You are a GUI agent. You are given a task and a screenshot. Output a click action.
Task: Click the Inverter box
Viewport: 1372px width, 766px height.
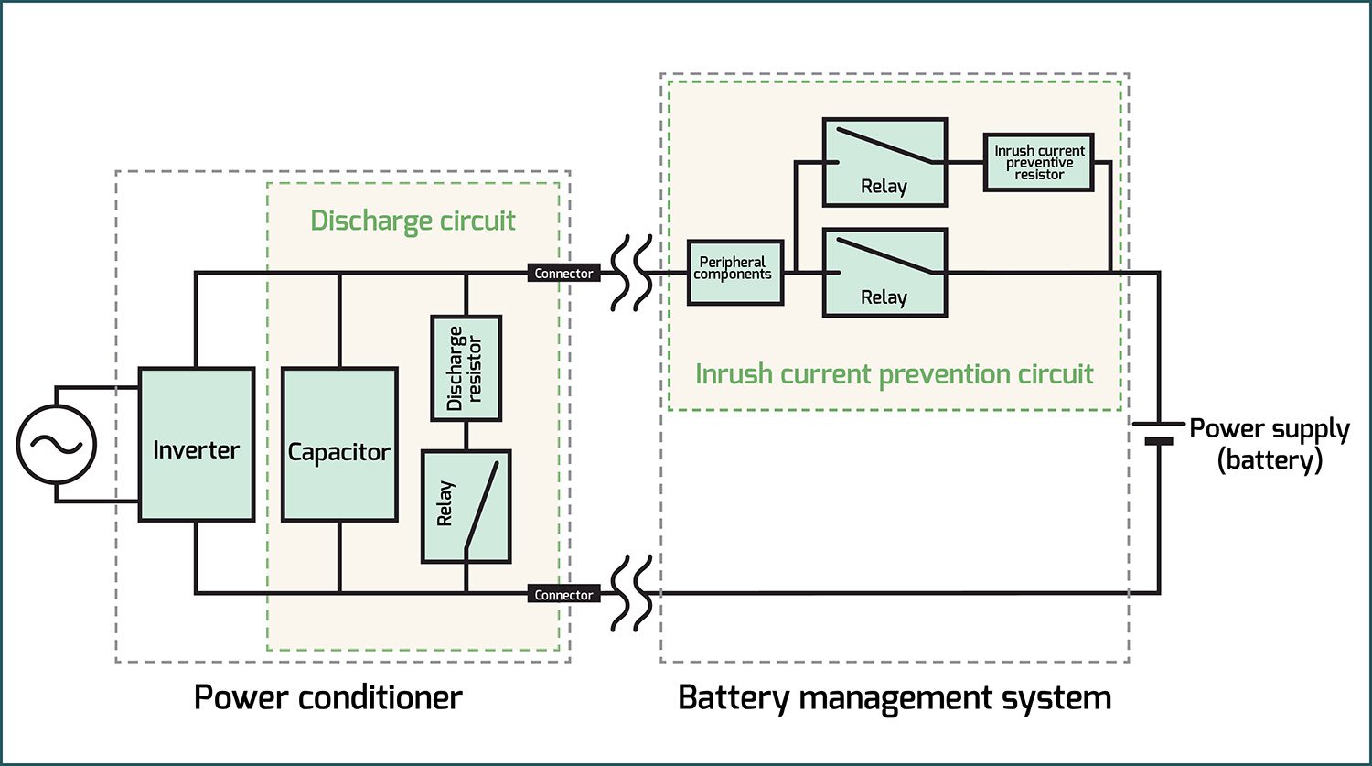pyautogui.click(x=196, y=445)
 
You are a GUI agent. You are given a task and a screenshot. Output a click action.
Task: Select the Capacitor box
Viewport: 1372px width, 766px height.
pyautogui.click(x=339, y=445)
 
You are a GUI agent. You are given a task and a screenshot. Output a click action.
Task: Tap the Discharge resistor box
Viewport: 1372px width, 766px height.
pyautogui.click(x=466, y=368)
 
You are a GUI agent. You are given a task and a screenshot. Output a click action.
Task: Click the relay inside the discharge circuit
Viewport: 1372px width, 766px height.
pyautogui.click(x=466, y=506)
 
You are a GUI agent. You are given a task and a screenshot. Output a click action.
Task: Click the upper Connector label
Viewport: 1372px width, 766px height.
pyautogui.click(x=563, y=273)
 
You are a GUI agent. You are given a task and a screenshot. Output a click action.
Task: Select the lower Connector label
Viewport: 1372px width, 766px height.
pyautogui.click(x=563, y=595)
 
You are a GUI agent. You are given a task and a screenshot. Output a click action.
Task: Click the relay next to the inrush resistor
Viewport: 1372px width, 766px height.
pyautogui.click(x=884, y=162)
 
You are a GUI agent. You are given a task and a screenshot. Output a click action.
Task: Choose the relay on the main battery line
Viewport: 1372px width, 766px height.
pyautogui.click(x=884, y=273)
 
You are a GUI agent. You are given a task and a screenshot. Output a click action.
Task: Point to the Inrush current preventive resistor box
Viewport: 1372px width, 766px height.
pyautogui.click(x=1038, y=163)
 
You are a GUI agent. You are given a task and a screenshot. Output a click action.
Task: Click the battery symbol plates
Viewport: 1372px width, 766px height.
pyautogui.click(x=1159, y=432)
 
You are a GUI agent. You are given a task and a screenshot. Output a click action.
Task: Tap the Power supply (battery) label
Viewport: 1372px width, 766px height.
pyautogui.click(x=1270, y=444)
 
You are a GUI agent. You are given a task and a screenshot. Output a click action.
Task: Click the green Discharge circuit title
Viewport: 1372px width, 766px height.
pyautogui.click(x=413, y=221)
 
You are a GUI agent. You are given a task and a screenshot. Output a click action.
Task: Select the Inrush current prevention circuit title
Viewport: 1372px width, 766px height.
pyautogui.click(x=895, y=374)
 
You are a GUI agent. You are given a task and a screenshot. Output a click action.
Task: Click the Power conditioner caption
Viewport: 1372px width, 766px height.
pyautogui.click(x=328, y=697)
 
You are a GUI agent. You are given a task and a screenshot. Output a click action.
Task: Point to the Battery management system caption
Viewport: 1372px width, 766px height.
pyautogui.click(x=894, y=697)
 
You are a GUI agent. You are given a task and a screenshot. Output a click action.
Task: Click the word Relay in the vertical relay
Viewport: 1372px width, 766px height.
pyautogui.click(x=445, y=504)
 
